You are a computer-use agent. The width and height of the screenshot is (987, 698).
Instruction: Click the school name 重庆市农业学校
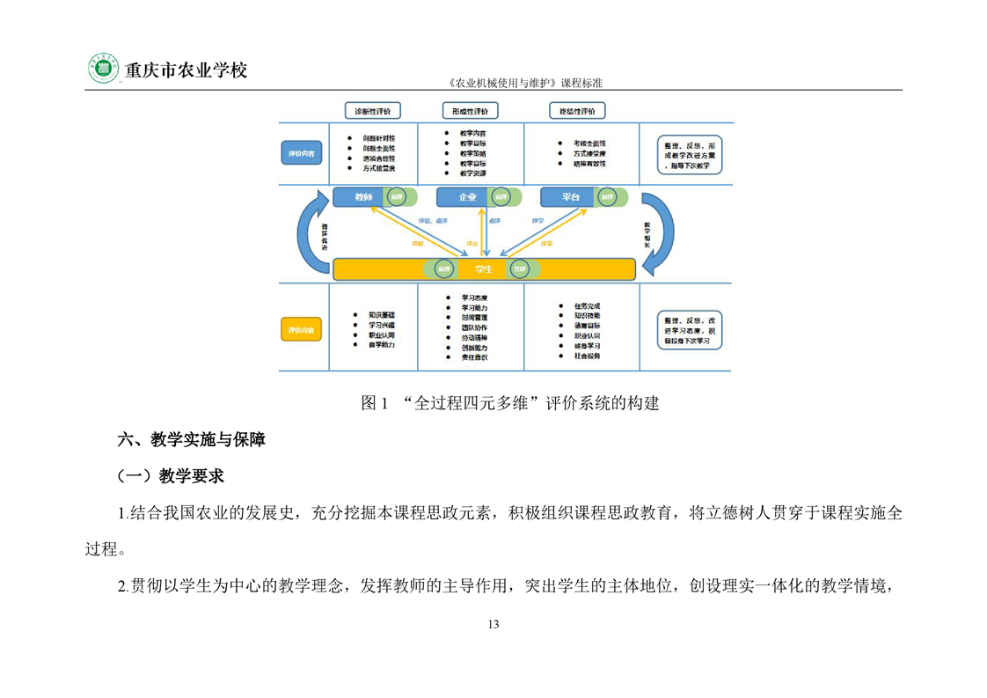click(186, 70)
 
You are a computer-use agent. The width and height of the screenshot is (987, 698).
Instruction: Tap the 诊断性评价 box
click(373, 111)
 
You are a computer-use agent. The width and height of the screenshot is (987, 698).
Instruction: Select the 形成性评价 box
click(471, 111)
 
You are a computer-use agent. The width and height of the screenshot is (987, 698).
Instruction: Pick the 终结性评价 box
click(577, 111)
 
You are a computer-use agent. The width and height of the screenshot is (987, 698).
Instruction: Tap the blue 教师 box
click(362, 197)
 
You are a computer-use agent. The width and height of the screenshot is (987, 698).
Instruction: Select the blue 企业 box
click(467, 197)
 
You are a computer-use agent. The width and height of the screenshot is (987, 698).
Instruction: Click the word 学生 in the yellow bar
click(483, 268)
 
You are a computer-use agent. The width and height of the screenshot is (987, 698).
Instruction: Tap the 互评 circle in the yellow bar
click(520, 268)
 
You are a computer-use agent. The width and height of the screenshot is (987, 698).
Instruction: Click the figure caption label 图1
click(375, 404)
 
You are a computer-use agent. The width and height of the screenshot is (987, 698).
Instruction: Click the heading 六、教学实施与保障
click(192, 440)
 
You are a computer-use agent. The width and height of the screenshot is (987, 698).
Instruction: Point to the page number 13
click(493, 624)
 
